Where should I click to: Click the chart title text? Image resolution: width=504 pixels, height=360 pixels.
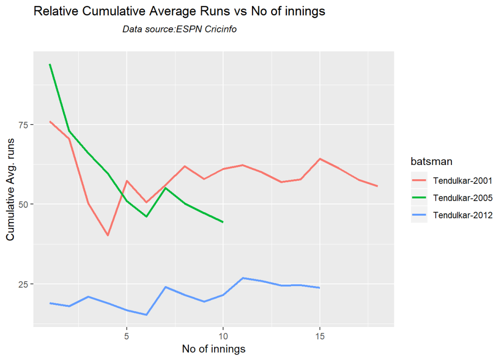point(179,12)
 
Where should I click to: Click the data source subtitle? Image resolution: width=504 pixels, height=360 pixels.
point(180,30)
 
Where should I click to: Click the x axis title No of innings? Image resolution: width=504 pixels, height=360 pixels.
point(214,349)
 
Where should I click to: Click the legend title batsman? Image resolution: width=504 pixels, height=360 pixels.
point(433,161)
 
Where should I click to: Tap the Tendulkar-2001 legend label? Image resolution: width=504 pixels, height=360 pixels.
point(463,181)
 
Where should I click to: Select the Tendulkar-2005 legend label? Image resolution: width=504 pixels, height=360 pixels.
point(463,198)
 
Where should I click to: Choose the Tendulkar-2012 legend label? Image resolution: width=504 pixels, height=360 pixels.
point(463,215)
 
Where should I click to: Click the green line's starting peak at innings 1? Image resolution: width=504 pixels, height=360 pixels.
point(50,65)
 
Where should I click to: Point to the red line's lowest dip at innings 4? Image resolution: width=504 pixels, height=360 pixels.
point(107,235)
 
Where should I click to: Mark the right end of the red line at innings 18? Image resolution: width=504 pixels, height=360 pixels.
point(378,186)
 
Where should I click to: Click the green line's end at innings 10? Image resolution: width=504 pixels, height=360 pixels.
point(223,222)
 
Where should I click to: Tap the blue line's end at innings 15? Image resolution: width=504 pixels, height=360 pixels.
point(320,288)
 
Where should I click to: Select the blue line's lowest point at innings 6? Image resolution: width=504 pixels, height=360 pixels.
point(146,315)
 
